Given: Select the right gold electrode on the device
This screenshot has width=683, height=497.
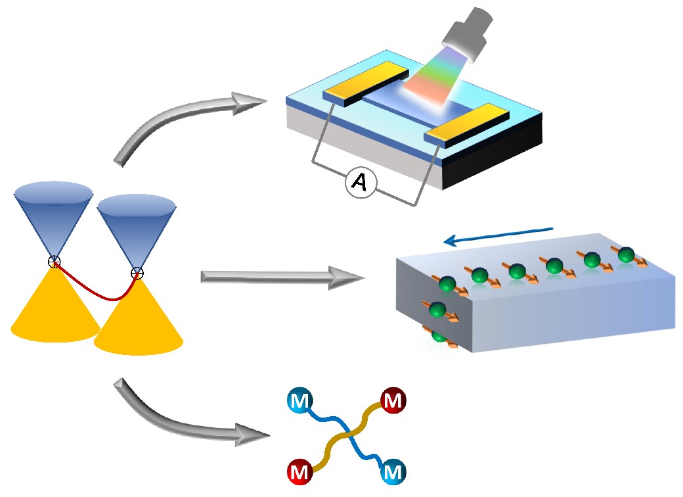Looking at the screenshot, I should [466, 124].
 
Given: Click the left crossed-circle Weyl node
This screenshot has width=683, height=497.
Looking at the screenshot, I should [55, 262].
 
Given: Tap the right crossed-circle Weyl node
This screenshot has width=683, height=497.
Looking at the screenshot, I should [137, 272].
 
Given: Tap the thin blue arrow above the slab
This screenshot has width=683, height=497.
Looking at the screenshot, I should [499, 235].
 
